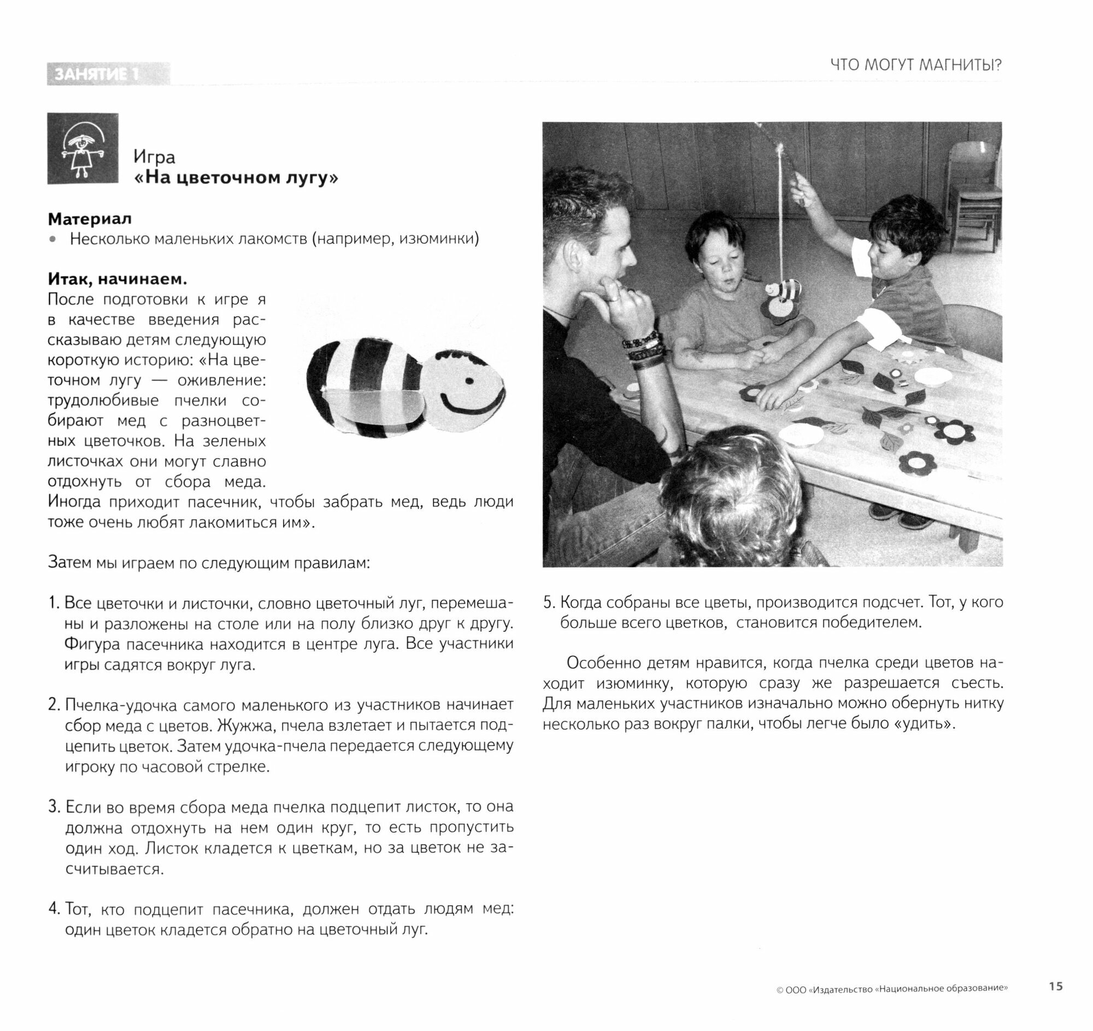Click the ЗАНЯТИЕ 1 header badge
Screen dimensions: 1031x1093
pyautogui.click(x=108, y=74)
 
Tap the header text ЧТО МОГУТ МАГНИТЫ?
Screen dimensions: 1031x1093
pyautogui.click(x=915, y=66)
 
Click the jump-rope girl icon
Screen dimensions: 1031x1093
pyautogui.click(x=83, y=149)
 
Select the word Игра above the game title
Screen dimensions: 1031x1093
pyautogui.click(x=154, y=157)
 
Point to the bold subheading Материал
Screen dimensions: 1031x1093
pyautogui.click(x=90, y=219)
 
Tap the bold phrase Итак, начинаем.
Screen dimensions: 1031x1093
pyautogui.click(x=117, y=279)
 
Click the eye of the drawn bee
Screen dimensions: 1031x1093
pyautogui.click(x=469, y=380)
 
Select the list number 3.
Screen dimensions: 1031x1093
pyautogui.click(x=54, y=807)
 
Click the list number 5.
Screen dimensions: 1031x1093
pyautogui.click(x=549, y=602)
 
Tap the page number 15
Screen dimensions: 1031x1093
pyautogui.click(x=1056, y=986)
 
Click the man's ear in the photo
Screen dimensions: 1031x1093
pyautogui.click(x=575, y=256)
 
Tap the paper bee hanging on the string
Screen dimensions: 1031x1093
pyautogui.click(x=782, y=300)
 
